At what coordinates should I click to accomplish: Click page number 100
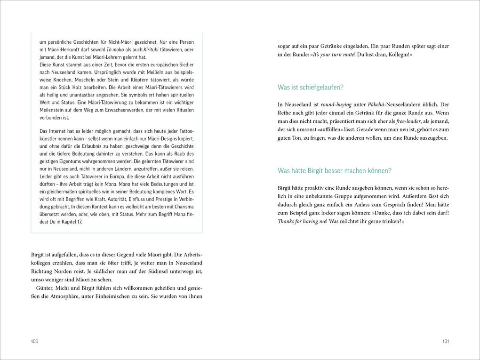point(34,341)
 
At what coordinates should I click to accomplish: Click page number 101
point(446,341)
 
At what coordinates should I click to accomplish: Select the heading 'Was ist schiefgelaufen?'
point(311,88)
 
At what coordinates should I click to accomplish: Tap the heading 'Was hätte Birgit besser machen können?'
point(335,171)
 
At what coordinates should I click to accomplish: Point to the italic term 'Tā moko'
point(115,49)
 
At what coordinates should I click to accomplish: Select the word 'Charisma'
point(183,207)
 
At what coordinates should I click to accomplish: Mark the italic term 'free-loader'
point(410,121)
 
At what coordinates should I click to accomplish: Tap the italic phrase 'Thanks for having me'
point(302,221)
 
